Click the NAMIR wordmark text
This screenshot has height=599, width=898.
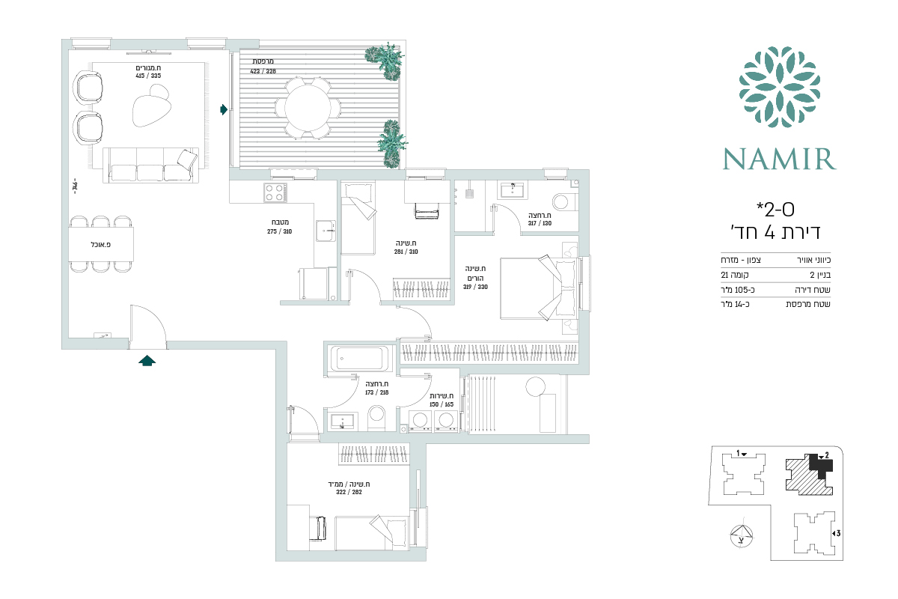click(779, 159)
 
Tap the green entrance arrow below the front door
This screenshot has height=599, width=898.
click(147, 361)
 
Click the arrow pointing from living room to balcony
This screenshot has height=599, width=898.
click(224, 109)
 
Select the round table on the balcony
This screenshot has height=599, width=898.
click(308, 108)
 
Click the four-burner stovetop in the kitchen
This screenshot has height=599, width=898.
click(275, 192)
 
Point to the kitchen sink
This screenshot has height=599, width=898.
click(326, 231)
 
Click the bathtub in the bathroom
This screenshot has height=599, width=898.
click(359, 358)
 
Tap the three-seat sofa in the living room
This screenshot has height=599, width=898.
click(150, 165)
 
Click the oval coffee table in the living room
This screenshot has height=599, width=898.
click(150, 107)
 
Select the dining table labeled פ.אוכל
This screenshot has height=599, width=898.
click(100, 244)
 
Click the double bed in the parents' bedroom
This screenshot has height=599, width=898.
click(540, 288)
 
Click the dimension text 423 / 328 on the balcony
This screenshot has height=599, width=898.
click(263, 71)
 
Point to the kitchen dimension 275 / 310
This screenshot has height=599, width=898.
click(279, 231)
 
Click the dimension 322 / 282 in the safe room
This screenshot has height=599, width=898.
click(349, 492)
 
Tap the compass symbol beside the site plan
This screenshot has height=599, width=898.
click(742, 536)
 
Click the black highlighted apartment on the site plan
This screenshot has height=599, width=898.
click(820, 466)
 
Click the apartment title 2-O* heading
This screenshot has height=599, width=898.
click(775, 210)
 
